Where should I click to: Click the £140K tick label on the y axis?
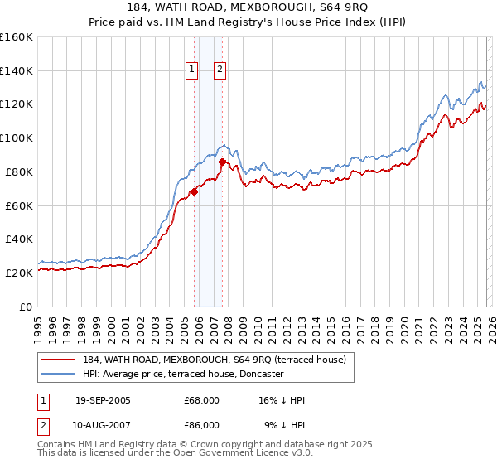(17, 70)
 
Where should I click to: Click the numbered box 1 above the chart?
(192, 70)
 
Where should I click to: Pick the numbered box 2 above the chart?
(220, 70)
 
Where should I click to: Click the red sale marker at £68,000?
(194, 191)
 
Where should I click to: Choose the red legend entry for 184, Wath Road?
(211, 360)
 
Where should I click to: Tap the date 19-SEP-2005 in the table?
(103, 400)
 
